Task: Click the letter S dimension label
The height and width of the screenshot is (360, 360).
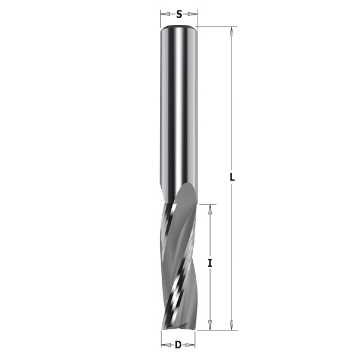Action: pos(179,14)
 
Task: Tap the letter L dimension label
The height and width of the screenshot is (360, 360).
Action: pos(232,177)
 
